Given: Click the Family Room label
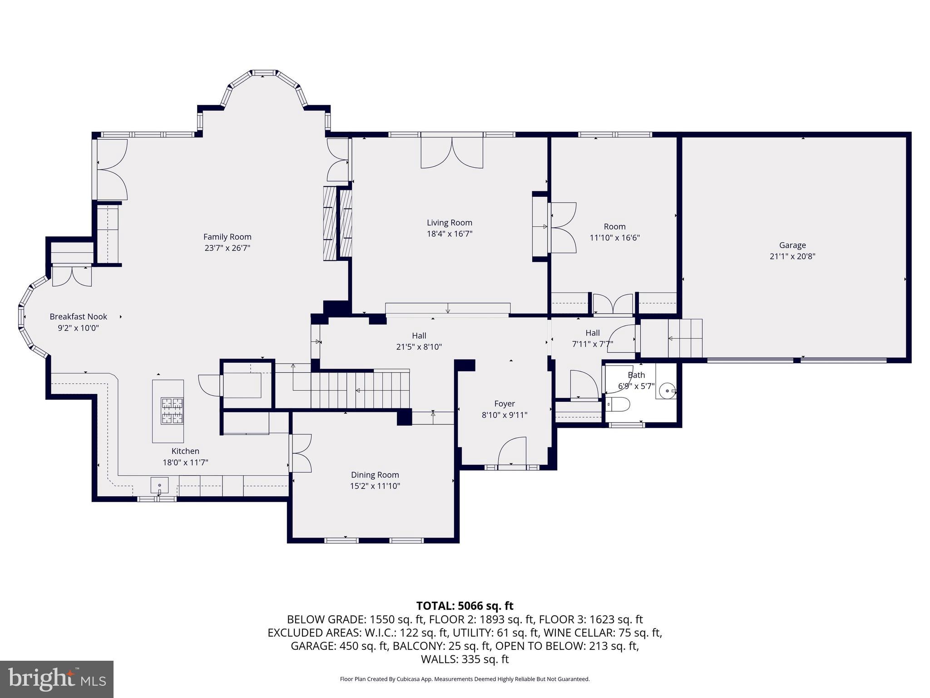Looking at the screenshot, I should tap(227, 237).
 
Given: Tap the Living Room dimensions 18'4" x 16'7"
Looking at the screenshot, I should tap(449, 234).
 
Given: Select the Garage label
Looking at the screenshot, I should tap(792, 245).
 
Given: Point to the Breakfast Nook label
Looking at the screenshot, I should tap(78, 317).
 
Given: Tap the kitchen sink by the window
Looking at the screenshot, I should tap(160, 485).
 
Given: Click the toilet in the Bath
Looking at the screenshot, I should tap(618, 404).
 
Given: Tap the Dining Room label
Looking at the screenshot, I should tap(375, 475).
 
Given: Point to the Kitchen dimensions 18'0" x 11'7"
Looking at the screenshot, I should tap(185, 463).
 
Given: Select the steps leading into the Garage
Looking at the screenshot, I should tap(685, 339).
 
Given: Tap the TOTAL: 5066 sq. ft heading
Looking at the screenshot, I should tap(465, 606).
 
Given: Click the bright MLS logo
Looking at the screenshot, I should tap(57, 679).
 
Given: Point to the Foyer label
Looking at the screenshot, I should tap(504, 404).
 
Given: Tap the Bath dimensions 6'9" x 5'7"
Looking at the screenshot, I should tap(636, 386).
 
